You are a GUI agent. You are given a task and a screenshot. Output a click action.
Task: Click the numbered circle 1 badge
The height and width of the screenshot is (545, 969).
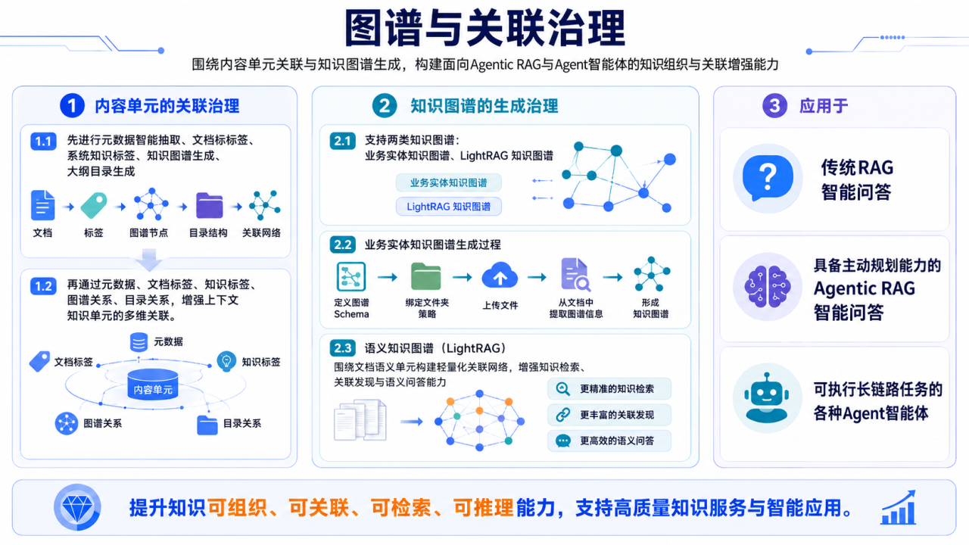(x=72, y=105)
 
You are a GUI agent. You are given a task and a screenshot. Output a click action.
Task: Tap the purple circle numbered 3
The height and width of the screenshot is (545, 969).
(x=774, y=105)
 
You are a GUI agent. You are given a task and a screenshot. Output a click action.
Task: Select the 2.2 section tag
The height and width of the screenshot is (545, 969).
(x=343, y=244)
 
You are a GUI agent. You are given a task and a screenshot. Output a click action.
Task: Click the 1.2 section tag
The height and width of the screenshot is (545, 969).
(x=43, y=286)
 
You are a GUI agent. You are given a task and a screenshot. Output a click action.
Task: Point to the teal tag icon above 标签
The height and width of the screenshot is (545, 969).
(x=94, y=205)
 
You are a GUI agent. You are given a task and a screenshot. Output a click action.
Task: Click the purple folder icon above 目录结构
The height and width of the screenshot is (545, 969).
(x=210, y=205)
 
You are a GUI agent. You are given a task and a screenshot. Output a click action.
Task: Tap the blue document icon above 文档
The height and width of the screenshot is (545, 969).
(x=43, y=205)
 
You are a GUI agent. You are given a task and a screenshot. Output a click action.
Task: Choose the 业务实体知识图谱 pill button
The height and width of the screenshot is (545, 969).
(x=449, y=182)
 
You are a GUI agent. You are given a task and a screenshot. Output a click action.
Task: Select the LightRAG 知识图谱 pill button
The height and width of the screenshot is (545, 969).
(x=449, y=207)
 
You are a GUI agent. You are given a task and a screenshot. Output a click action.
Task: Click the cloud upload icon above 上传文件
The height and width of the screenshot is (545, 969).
(x=500, y=276)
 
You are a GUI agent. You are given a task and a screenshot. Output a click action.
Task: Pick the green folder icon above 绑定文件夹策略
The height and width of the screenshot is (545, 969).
(x=426, y=276)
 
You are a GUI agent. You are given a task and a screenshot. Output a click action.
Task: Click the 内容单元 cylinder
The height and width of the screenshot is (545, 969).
(x=153, y=384)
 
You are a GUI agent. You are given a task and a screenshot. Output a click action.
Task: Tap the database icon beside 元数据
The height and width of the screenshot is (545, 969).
(x=139, y=341)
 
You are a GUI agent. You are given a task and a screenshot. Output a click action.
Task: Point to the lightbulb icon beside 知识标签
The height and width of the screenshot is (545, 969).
(x=226, y=361)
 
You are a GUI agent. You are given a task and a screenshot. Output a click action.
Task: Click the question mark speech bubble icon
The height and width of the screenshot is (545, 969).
(x=768, y=178)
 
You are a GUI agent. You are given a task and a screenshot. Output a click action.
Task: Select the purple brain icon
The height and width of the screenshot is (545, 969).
(x=768, y=286)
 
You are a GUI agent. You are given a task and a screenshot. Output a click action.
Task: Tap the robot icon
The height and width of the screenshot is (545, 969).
(x=767, y=397)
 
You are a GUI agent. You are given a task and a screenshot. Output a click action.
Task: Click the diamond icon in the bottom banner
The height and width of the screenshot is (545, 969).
(x=77, y=507)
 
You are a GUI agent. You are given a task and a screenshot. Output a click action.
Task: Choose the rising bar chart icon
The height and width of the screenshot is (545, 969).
(x=899, y=507)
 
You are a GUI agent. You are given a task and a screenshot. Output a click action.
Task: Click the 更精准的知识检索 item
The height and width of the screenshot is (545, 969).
(x=609, y=389)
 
